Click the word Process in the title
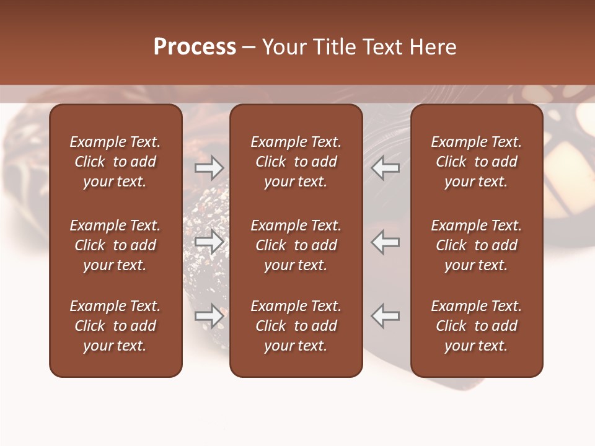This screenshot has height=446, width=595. [195, 47]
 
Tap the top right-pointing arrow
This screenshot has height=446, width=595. [209, 167]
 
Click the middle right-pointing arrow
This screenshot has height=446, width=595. [209, 242]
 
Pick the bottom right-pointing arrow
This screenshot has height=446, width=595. [209, 316]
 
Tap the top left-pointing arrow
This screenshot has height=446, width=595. [385, 167]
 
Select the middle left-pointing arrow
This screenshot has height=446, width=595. [385, 242]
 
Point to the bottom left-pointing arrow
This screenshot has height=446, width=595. [385, 316]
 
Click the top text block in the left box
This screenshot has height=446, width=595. [115, 162]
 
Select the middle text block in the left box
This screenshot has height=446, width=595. [115, 245]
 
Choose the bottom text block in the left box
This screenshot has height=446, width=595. [115, 326]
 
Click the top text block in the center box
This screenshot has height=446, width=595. [296, 162]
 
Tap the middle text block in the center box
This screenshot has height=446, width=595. [296, 245]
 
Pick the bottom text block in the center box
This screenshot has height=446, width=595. [296, 326]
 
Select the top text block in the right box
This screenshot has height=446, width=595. [476, 162]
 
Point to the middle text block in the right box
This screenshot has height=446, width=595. [476, 245]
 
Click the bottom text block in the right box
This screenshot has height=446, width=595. [476, 326]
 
